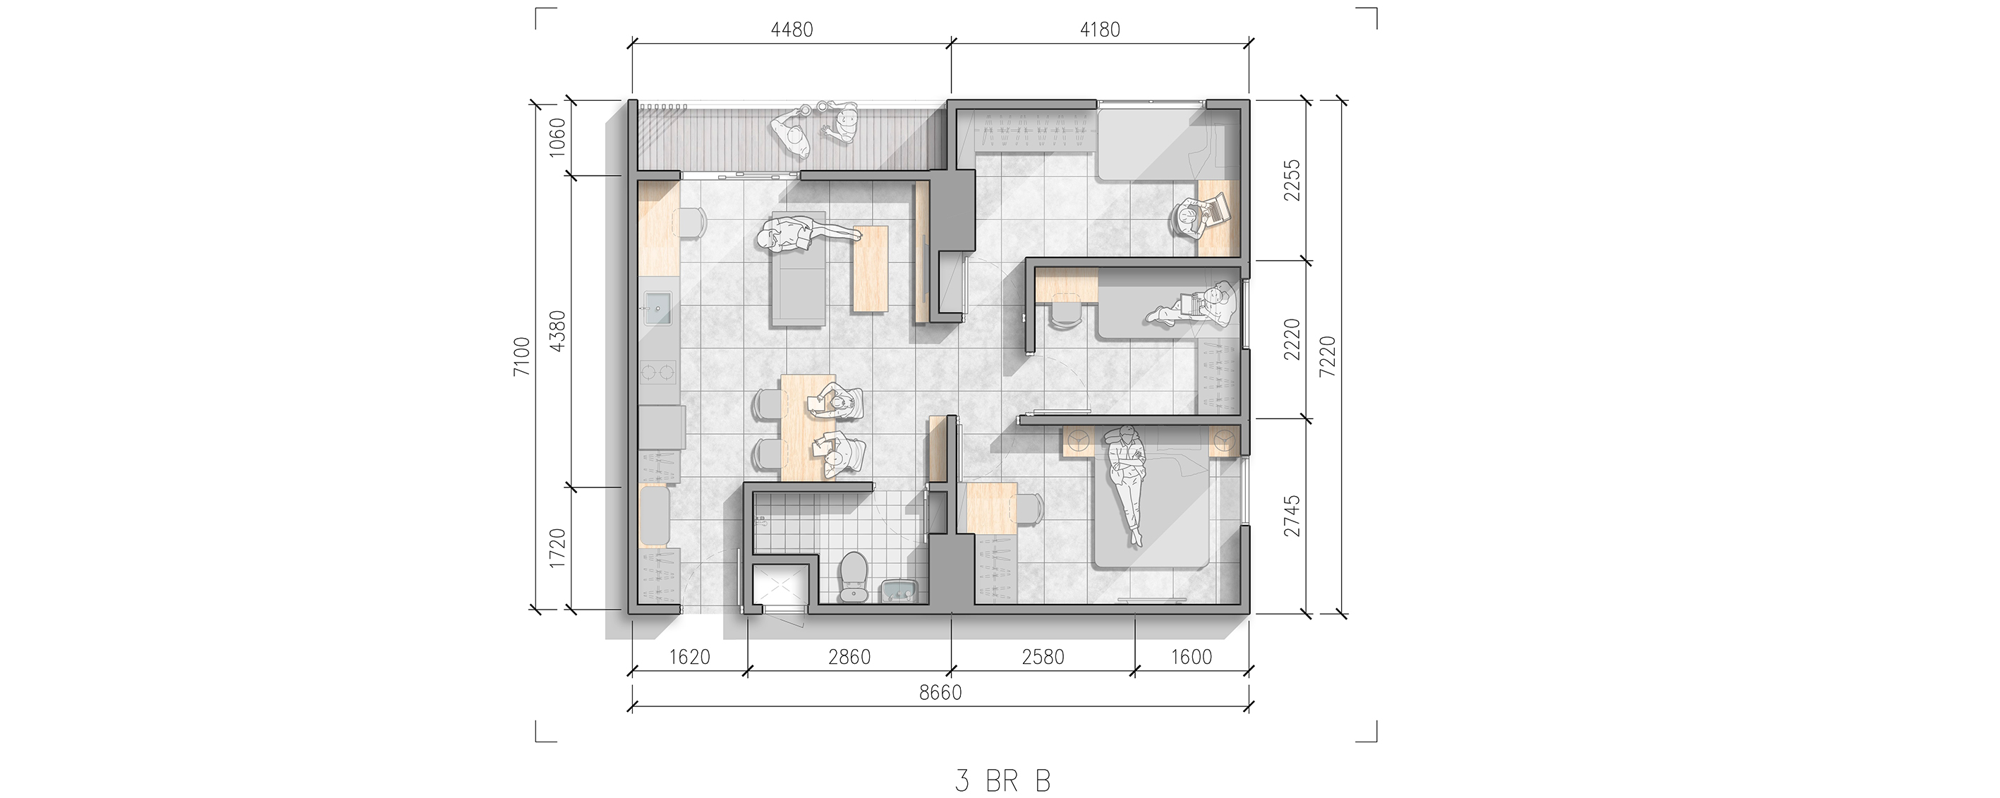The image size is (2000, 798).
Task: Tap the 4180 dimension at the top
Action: pyautogui.click(x=1099, y=30)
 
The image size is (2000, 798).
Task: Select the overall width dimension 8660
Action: pyautogui.click(x=940, y=691)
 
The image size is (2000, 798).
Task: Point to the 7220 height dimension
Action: pyautogui.click(x=1328, y=356)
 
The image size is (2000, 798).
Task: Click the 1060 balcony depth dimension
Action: pyautogui.click(x=557, y=138)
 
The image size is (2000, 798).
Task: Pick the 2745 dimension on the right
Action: pyautogui.click(x=1290, y=516)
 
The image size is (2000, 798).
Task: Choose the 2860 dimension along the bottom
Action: pyautogui.click(x=849, y=657)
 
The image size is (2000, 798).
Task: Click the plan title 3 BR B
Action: pyautogui.click(x=1002, y=780)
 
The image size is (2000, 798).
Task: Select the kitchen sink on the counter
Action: pyautogui.click(x=115, y=308)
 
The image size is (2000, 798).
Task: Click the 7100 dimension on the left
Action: pyautogui.click(x=522, y=356)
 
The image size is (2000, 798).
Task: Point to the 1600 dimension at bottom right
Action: pyautogui.click(x=1191, y=657)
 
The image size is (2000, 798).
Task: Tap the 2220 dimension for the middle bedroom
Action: pyautogui.click(x=1290, y=339)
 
